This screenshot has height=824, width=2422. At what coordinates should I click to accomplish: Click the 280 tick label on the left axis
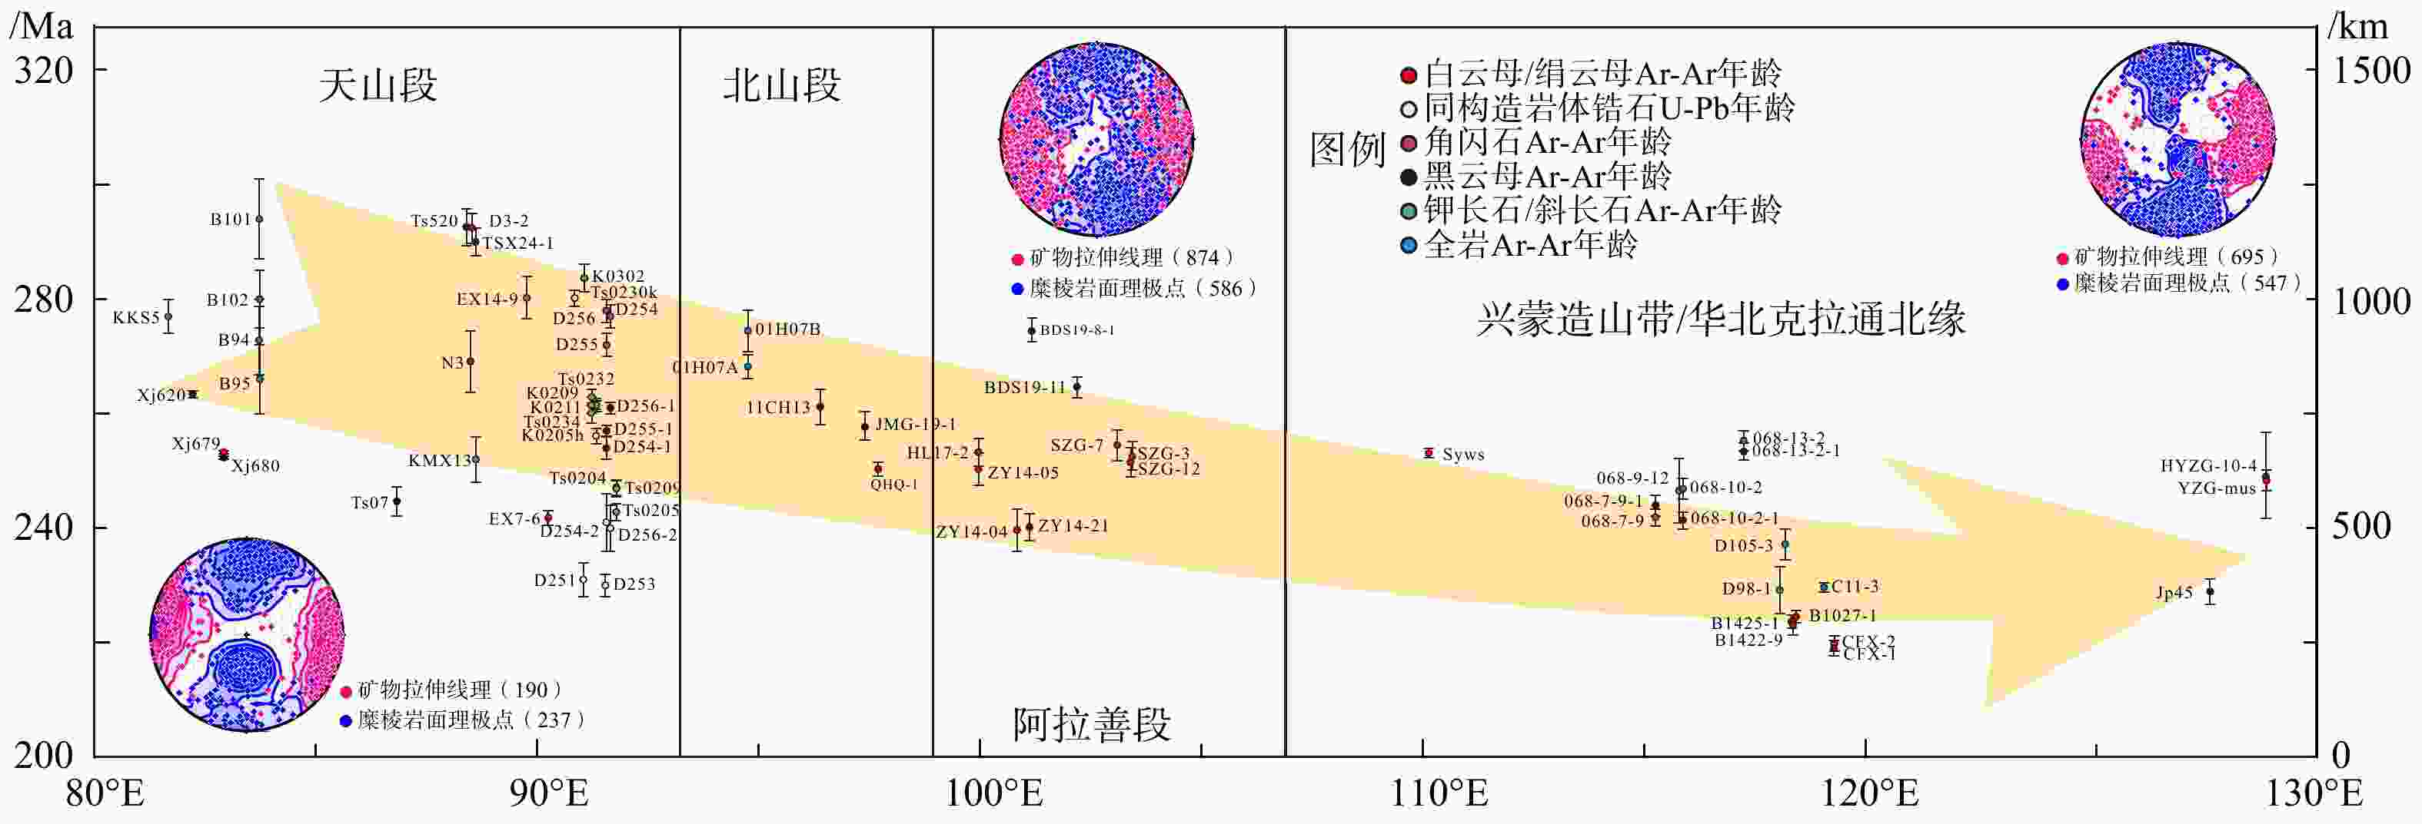(43, 299)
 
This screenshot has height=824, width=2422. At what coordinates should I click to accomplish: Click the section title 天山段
(378, 85)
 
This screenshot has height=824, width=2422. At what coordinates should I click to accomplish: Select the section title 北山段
(781, 85)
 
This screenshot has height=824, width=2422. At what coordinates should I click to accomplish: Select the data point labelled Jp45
(2210, 592)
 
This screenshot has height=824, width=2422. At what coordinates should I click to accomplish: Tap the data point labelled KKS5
(168, 316)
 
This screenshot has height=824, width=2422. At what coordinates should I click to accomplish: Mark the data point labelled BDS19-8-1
(1031, 329)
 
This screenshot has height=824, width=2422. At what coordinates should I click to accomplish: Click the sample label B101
(231, 220)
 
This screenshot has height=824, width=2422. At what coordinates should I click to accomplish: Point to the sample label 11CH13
(778, 408)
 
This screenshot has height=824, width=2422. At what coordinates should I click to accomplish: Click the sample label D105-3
(1743, 546)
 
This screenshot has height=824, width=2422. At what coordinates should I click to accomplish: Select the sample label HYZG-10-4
(2207, 466)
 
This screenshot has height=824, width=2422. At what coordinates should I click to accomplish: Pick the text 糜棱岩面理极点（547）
(2181, 283)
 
